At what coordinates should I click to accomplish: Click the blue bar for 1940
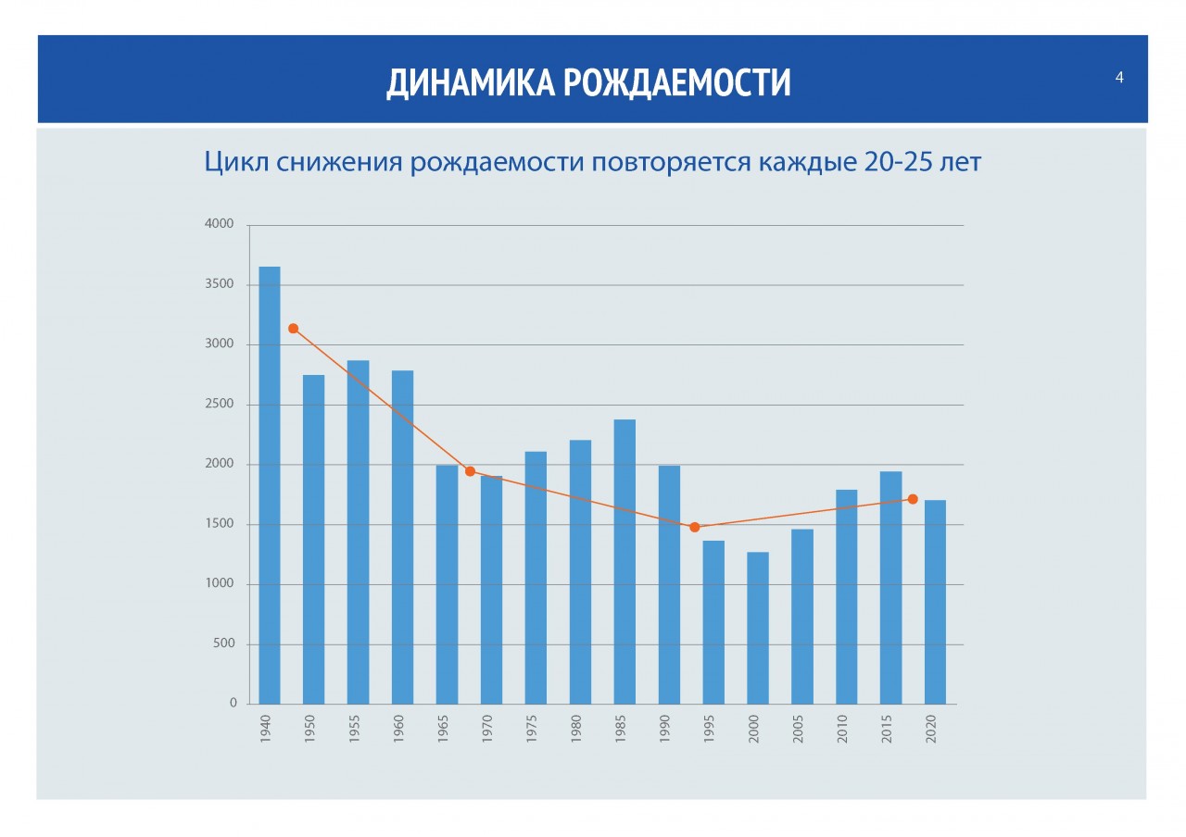269,485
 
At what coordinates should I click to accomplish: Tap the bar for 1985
625,561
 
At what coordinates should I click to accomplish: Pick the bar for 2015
890,587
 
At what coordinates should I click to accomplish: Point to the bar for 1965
447,583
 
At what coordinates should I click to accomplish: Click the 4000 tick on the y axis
221,225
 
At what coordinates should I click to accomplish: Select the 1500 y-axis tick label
221,524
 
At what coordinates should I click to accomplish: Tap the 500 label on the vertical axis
224,643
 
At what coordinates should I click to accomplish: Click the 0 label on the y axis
232,703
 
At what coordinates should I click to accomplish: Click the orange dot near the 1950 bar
293,329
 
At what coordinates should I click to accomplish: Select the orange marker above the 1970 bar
470,471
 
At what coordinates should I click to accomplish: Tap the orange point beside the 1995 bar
694,527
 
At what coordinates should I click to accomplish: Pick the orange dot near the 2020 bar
913,499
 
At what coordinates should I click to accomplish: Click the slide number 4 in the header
1119,78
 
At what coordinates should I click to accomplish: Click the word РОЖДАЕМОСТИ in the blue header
676,82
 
